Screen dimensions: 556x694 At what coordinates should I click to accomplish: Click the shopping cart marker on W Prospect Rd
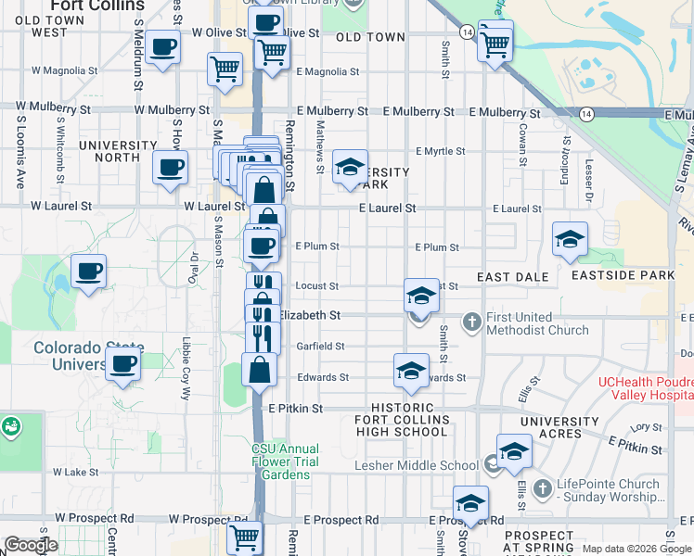coord(245,536)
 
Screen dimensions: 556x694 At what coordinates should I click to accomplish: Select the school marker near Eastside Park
coord(570,239)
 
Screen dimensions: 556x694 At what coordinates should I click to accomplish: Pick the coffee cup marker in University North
coord(170,168)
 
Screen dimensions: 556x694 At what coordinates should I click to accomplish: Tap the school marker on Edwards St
coord(411,371)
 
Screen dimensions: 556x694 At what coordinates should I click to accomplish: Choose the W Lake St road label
coord(75,472)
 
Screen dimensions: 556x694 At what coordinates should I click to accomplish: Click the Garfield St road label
coord(321,347)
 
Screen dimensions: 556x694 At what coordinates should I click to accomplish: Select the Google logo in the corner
coord(32,545)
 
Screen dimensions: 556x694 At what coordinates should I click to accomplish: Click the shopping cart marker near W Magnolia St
coord(225,68)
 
